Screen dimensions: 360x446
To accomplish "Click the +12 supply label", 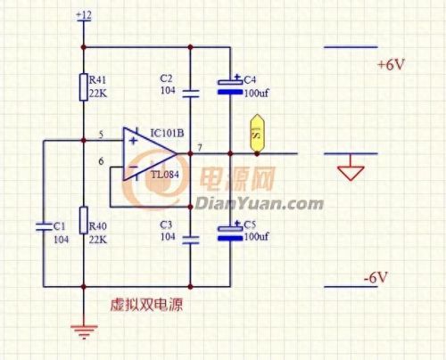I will click(83, 16).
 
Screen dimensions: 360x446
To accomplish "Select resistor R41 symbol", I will click(83, 87).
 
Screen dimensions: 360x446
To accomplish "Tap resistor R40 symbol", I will click(83, 218).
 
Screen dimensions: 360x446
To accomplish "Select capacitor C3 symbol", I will click(190, 239).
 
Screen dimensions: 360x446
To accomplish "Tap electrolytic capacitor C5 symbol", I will click(231, 233).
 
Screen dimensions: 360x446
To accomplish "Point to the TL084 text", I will click(165, 175).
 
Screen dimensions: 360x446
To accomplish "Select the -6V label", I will click(376, 279).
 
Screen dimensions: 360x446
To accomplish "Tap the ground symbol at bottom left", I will click(83, 332).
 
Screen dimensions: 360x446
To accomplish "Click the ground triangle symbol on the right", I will click(350, 168).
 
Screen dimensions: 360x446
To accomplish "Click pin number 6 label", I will click(101, 161).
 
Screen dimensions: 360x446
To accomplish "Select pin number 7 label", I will click(200, 146).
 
